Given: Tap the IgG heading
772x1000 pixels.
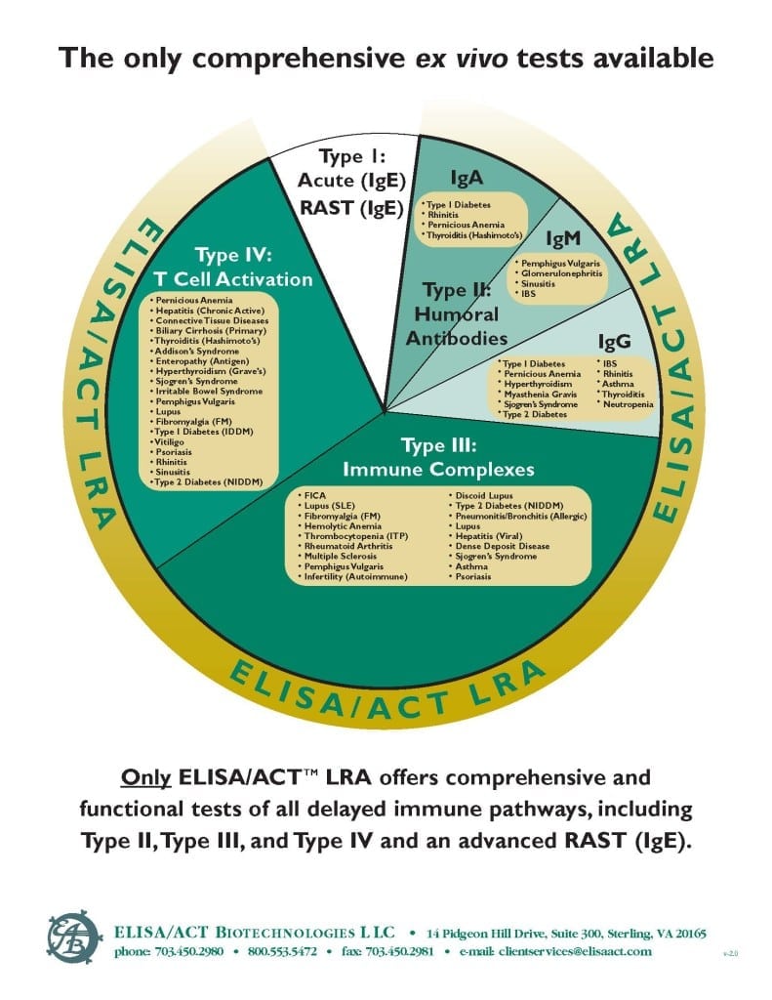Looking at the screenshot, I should coord(614,342).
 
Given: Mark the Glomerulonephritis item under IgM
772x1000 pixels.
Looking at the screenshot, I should coord(560,274).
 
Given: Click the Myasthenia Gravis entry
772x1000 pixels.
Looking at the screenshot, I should coord(539,394).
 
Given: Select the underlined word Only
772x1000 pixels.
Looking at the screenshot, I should coord(146,779).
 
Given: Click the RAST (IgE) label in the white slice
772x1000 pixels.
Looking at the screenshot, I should coord(351,205).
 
